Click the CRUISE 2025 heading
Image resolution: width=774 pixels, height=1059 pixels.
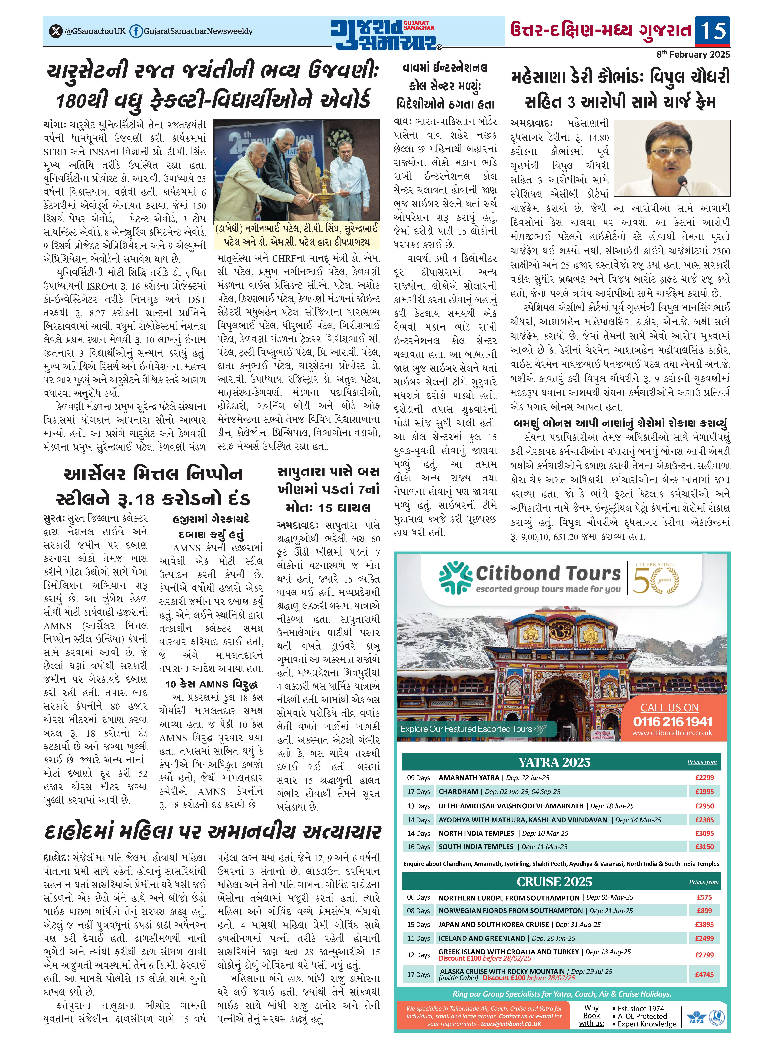(x=554, y=882)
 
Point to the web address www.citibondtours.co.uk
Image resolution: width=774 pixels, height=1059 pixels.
(x=672, y=733)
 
